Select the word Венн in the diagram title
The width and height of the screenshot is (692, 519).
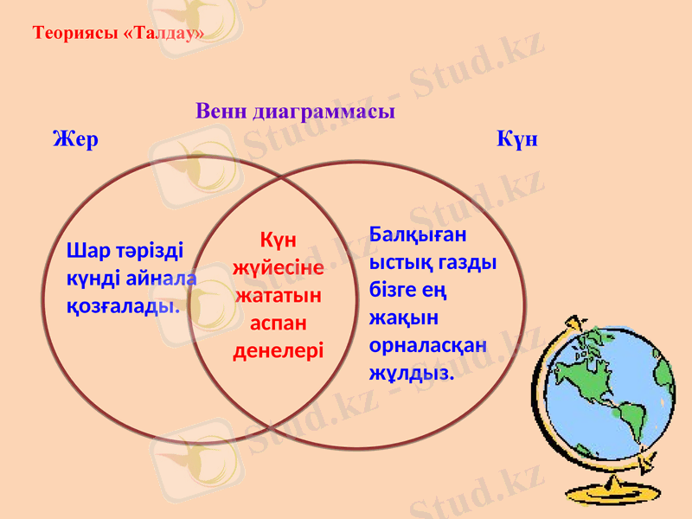[221, 112]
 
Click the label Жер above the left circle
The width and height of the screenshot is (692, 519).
[75, 139]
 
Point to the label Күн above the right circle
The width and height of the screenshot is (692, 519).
[517, 139]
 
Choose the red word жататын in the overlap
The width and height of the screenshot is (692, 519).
[279, 295]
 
